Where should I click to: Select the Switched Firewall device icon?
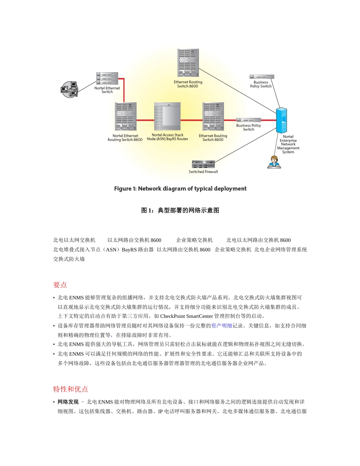pyautogui.click(x=203, y=164)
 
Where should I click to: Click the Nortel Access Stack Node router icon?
pyautogui.click(x=167, y=117)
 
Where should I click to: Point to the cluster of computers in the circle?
pyautogui.click(x=70, y=89)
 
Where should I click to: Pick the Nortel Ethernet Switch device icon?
pyautogui.click(x=107, y=78)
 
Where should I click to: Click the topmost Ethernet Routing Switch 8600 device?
pyautogui.click(x=188, y=63)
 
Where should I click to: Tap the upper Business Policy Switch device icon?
pyautogui.click(x=261, y=77)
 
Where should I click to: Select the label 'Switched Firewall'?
pyautogui.click(x=203, y=172)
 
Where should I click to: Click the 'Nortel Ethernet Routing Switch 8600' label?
pyautogui.click(x=125, y=138)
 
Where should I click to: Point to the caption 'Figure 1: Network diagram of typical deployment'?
pyautogui.click(x=180, y=189)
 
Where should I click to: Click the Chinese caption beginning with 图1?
pyautogui.click(x=180, y=210)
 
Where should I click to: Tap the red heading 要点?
pyautogui.click(x=60, y=285)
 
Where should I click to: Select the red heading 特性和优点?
pyautogui.click(x=70, y=389)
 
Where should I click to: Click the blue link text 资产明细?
pyautogui.click(x=222, y=325)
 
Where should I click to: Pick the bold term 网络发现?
pyautogui.click(x=68, y=402)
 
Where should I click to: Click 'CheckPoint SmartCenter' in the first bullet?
pyautogui.click(x=186, y=316)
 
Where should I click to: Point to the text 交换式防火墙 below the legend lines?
pyautogui.click(x=69, y=259)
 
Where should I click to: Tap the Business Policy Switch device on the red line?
pyautogui.click(x=249, y=120)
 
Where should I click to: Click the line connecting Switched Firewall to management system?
pyautogui.click(x=246, y=144)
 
